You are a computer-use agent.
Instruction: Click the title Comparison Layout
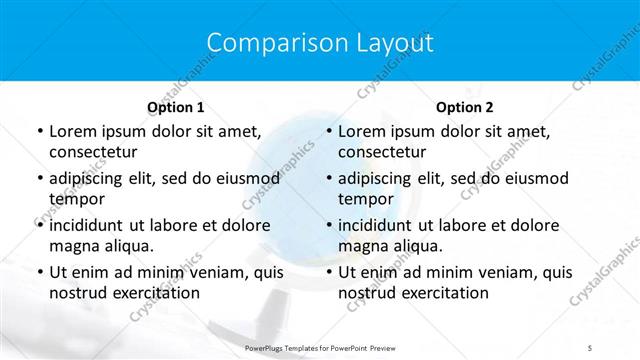319,43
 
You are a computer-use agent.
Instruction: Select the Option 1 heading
176,107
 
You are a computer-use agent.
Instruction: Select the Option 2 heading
464,107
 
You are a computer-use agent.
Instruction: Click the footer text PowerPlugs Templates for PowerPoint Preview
320,346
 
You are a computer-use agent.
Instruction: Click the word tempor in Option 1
77,199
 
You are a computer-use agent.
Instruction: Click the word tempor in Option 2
366,199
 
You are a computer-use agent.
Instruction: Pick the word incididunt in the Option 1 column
90,225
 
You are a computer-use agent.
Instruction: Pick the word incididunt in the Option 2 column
379,225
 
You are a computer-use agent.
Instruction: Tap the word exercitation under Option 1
155,293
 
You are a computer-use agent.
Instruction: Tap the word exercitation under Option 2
444,293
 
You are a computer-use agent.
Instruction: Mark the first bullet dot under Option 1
39,132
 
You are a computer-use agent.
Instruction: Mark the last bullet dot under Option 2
328,272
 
